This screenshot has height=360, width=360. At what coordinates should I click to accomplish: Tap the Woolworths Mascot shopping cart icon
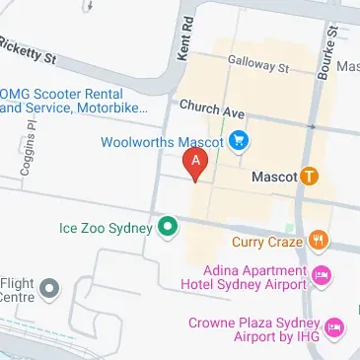pyautogui.click(x=240, y=142)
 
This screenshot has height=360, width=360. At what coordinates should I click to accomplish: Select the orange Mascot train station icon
pyautogui.click(x=310, y=177)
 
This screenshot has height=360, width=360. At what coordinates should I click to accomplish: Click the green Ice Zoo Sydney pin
pyautogui.click(x=168, y=228)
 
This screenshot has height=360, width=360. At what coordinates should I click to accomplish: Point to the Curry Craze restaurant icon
pyautogui.click(x=318, y=240)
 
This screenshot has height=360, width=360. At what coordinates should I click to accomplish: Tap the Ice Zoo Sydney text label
pyautogui.click(x=106, y=228)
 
